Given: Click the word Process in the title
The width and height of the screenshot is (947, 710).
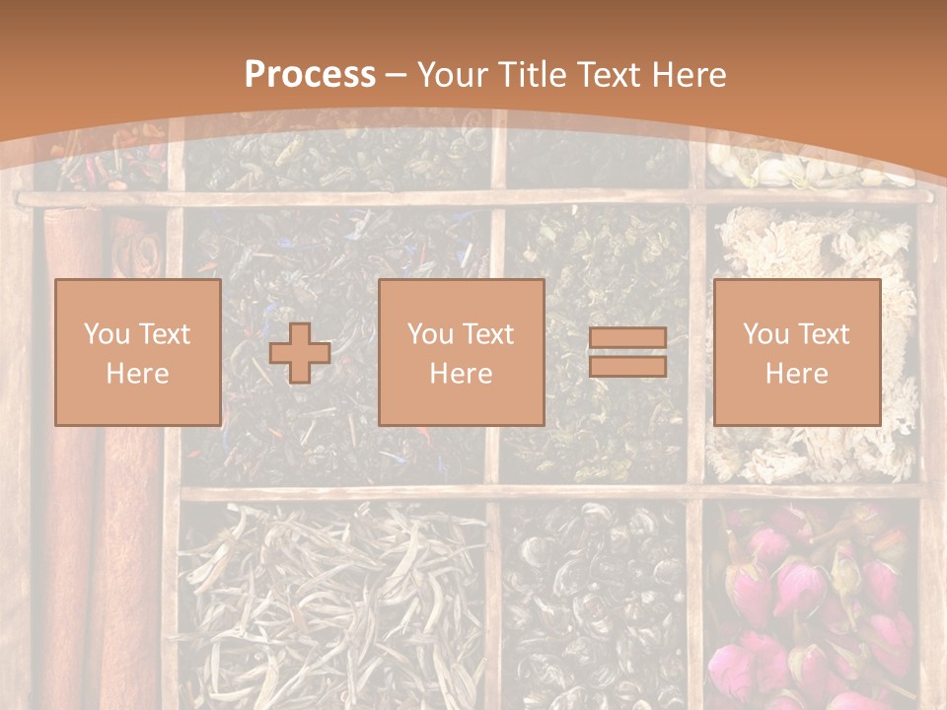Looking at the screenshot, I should click(310, 75).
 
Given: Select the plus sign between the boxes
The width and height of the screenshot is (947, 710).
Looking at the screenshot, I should click(300, 353).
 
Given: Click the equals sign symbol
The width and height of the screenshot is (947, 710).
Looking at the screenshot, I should click(627, 353).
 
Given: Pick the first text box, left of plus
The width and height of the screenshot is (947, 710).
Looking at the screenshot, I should click(137, 353).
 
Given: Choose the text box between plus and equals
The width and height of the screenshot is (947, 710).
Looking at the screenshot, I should click(461, 353).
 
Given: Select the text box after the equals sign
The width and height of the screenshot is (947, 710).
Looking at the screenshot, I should click(796, 353).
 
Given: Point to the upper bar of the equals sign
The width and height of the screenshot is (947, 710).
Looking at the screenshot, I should click(627, 339).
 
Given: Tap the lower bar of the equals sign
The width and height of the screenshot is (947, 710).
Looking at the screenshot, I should click(627, 367).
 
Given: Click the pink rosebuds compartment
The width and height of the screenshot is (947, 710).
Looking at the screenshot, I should click(809, 602).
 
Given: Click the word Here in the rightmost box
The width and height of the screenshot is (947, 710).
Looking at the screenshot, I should click(796, 374).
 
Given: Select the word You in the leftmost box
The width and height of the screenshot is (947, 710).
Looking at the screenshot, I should click(104, 334).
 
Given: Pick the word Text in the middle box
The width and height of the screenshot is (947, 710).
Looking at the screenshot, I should click(486, 334).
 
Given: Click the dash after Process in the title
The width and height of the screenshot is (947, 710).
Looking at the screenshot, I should click(397, 75).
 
